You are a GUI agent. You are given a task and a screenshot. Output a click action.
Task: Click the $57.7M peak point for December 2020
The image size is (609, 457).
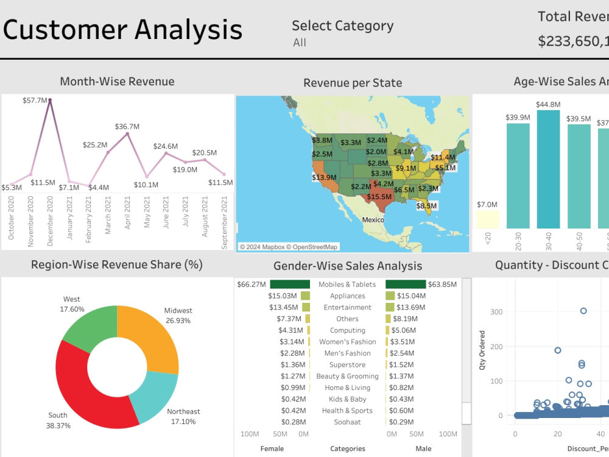(50, 100)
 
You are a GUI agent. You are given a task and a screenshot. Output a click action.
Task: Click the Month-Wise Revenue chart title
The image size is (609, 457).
(117, 82)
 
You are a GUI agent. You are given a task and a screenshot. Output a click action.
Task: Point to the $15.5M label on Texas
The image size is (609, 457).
(379, 197)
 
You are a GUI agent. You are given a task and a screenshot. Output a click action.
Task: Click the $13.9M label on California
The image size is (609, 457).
(324, 177)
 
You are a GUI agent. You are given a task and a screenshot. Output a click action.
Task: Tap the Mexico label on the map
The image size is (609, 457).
(373, 219)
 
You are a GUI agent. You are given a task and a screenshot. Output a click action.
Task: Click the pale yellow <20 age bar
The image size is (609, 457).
(487, 219)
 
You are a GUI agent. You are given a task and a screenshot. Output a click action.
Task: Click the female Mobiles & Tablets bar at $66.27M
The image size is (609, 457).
(290, 285)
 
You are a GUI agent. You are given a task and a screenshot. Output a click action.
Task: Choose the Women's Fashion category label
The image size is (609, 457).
(347, 342)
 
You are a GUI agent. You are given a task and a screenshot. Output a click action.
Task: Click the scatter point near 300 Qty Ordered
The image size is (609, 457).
(583, 311)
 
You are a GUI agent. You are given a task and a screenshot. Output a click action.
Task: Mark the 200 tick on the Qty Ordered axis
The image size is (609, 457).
(497, 346)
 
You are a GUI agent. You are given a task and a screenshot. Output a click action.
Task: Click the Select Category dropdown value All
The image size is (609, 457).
(299, 43)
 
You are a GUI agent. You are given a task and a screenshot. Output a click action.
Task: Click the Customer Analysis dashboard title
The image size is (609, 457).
(122, 29)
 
